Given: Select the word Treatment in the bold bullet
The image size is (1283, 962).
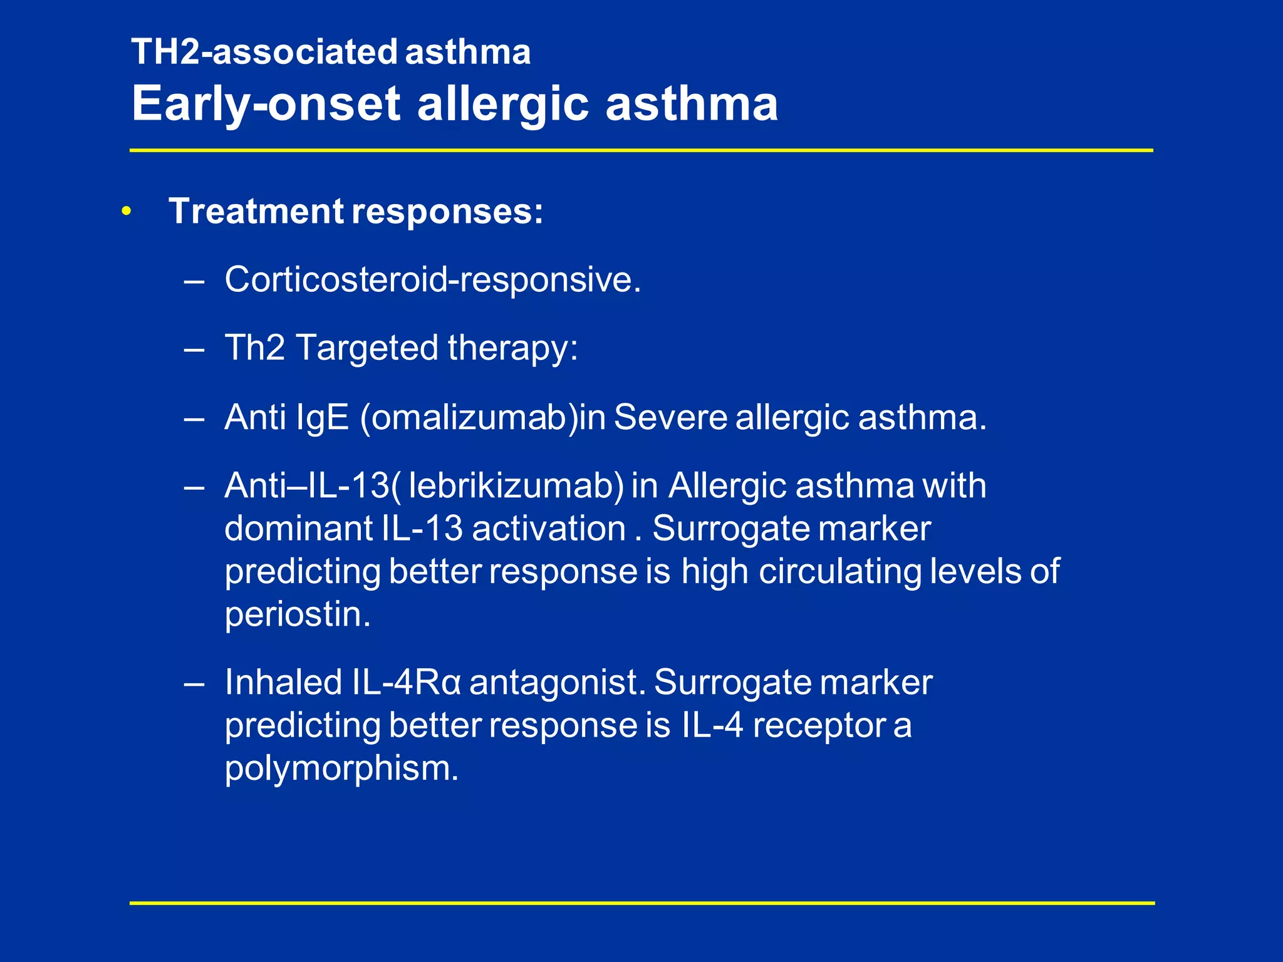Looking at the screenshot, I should point(256,211).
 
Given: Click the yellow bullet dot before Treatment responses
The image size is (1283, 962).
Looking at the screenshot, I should point(127,212).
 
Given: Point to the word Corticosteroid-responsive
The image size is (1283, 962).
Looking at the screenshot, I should point(433,279).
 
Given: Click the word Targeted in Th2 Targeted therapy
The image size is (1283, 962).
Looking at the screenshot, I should point(366,348).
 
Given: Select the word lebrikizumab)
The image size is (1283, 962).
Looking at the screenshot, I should point(516,485).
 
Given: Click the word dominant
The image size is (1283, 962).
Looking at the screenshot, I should point(299,529).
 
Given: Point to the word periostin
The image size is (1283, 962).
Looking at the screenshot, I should point(298,614).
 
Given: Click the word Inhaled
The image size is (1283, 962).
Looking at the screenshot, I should point(283,682).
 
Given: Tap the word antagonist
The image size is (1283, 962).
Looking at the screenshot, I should point(557,682).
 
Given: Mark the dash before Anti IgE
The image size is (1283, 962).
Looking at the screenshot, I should point(194,418).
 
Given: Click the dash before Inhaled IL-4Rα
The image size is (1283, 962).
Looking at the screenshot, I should point(194,683).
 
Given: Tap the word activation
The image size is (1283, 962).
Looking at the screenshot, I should point(549,529).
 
